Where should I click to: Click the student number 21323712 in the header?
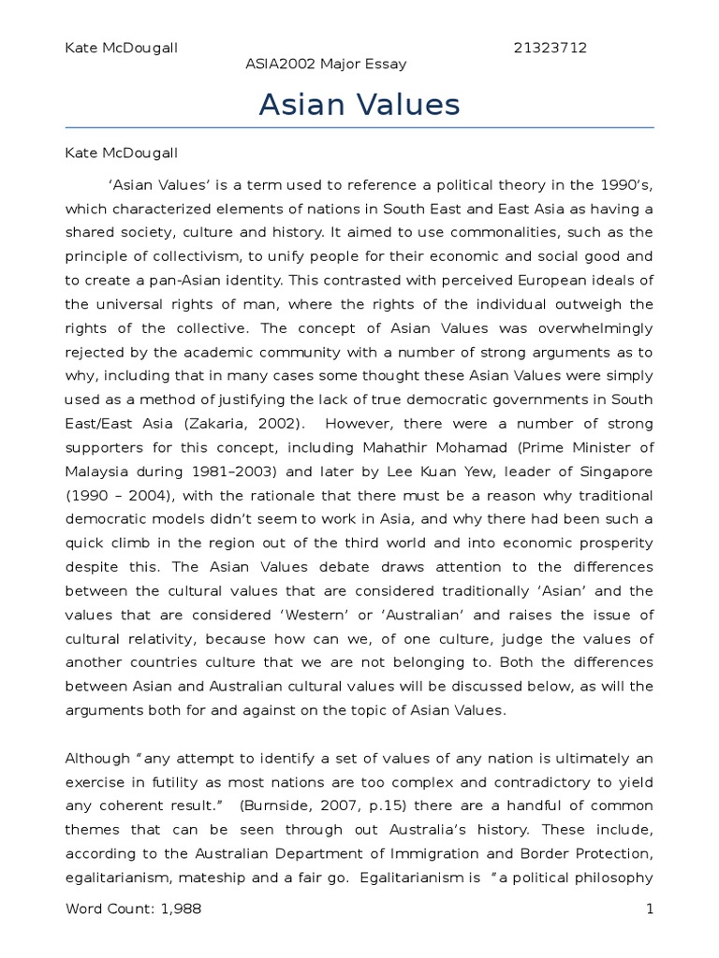click(x=550, y=47)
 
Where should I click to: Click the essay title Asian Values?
click(x=359, y=105)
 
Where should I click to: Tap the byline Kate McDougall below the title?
click(x=121, y=152)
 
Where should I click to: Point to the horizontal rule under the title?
click(x=359, y=127)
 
